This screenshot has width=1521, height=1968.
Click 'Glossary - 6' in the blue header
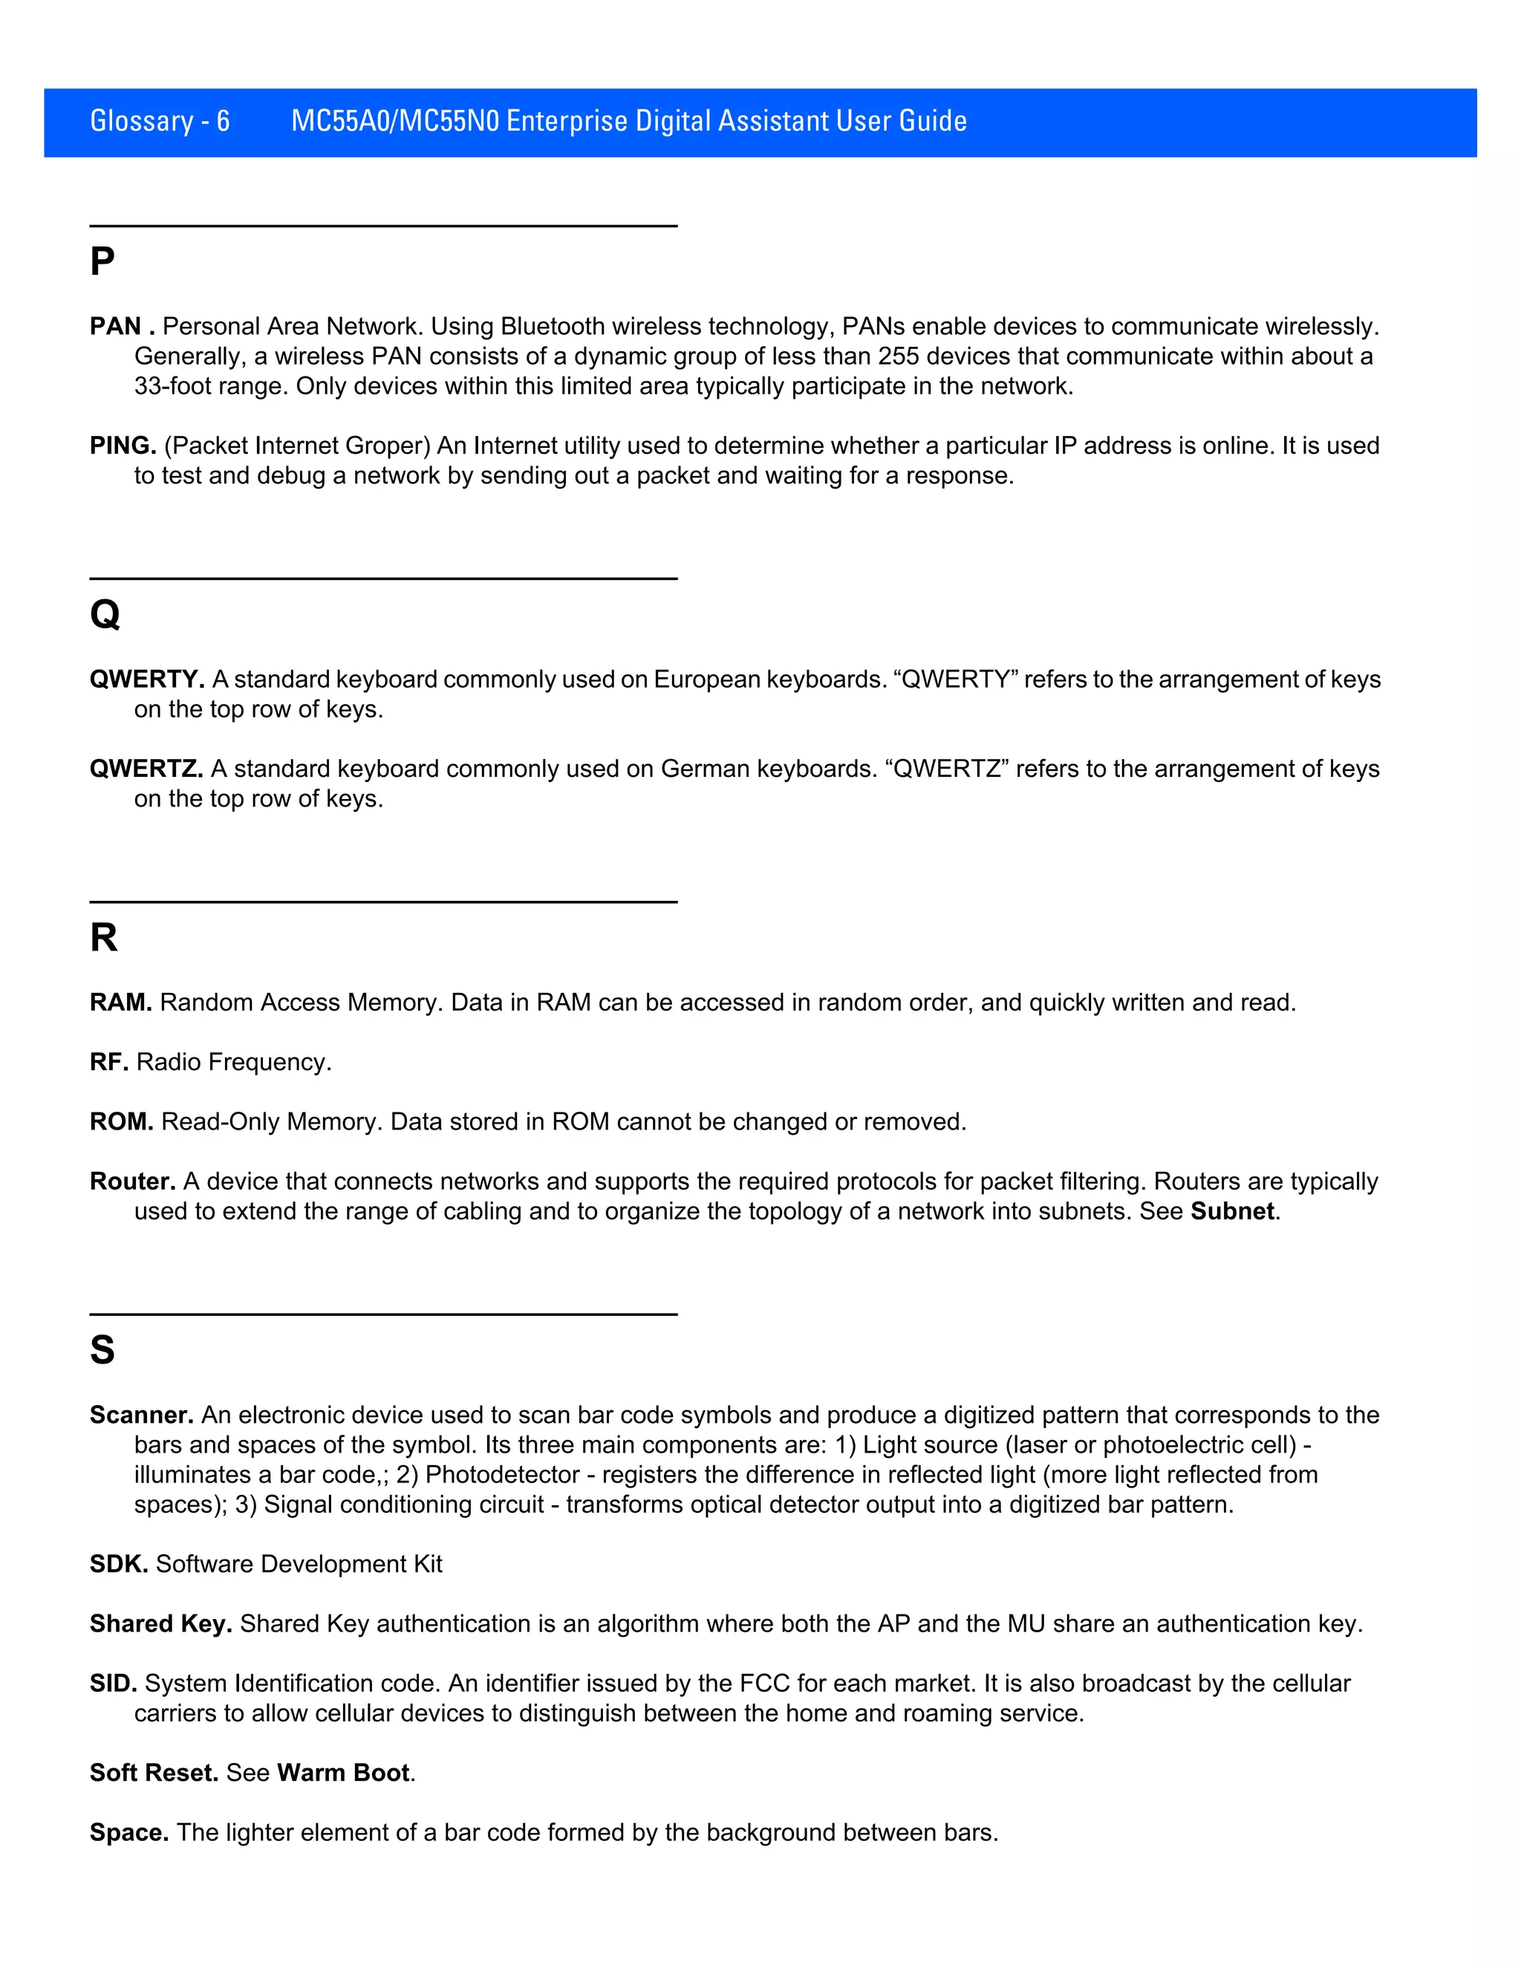[x=160, y=121]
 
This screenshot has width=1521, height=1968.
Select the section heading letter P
[x=102, y=262]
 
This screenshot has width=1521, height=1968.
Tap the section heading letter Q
[x=105, y=615]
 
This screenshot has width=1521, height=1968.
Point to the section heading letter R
[x=104, y=938]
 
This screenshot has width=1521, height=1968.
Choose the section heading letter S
[x=102, y=1350]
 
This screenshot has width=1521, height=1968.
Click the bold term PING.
[x=123, y=446]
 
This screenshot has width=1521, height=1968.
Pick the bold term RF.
[x=108, y=1063]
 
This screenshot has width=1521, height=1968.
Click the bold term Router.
[x=131, y=1182]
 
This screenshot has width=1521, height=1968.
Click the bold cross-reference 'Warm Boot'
[x=343, y=1773]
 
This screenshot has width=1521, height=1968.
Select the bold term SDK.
[x=118, y=1563]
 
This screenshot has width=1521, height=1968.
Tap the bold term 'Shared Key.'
[x=160, y=1623]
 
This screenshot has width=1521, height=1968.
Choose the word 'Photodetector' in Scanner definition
[x=502, y=1474]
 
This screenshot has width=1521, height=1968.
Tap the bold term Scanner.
[x=140, y=1415]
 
